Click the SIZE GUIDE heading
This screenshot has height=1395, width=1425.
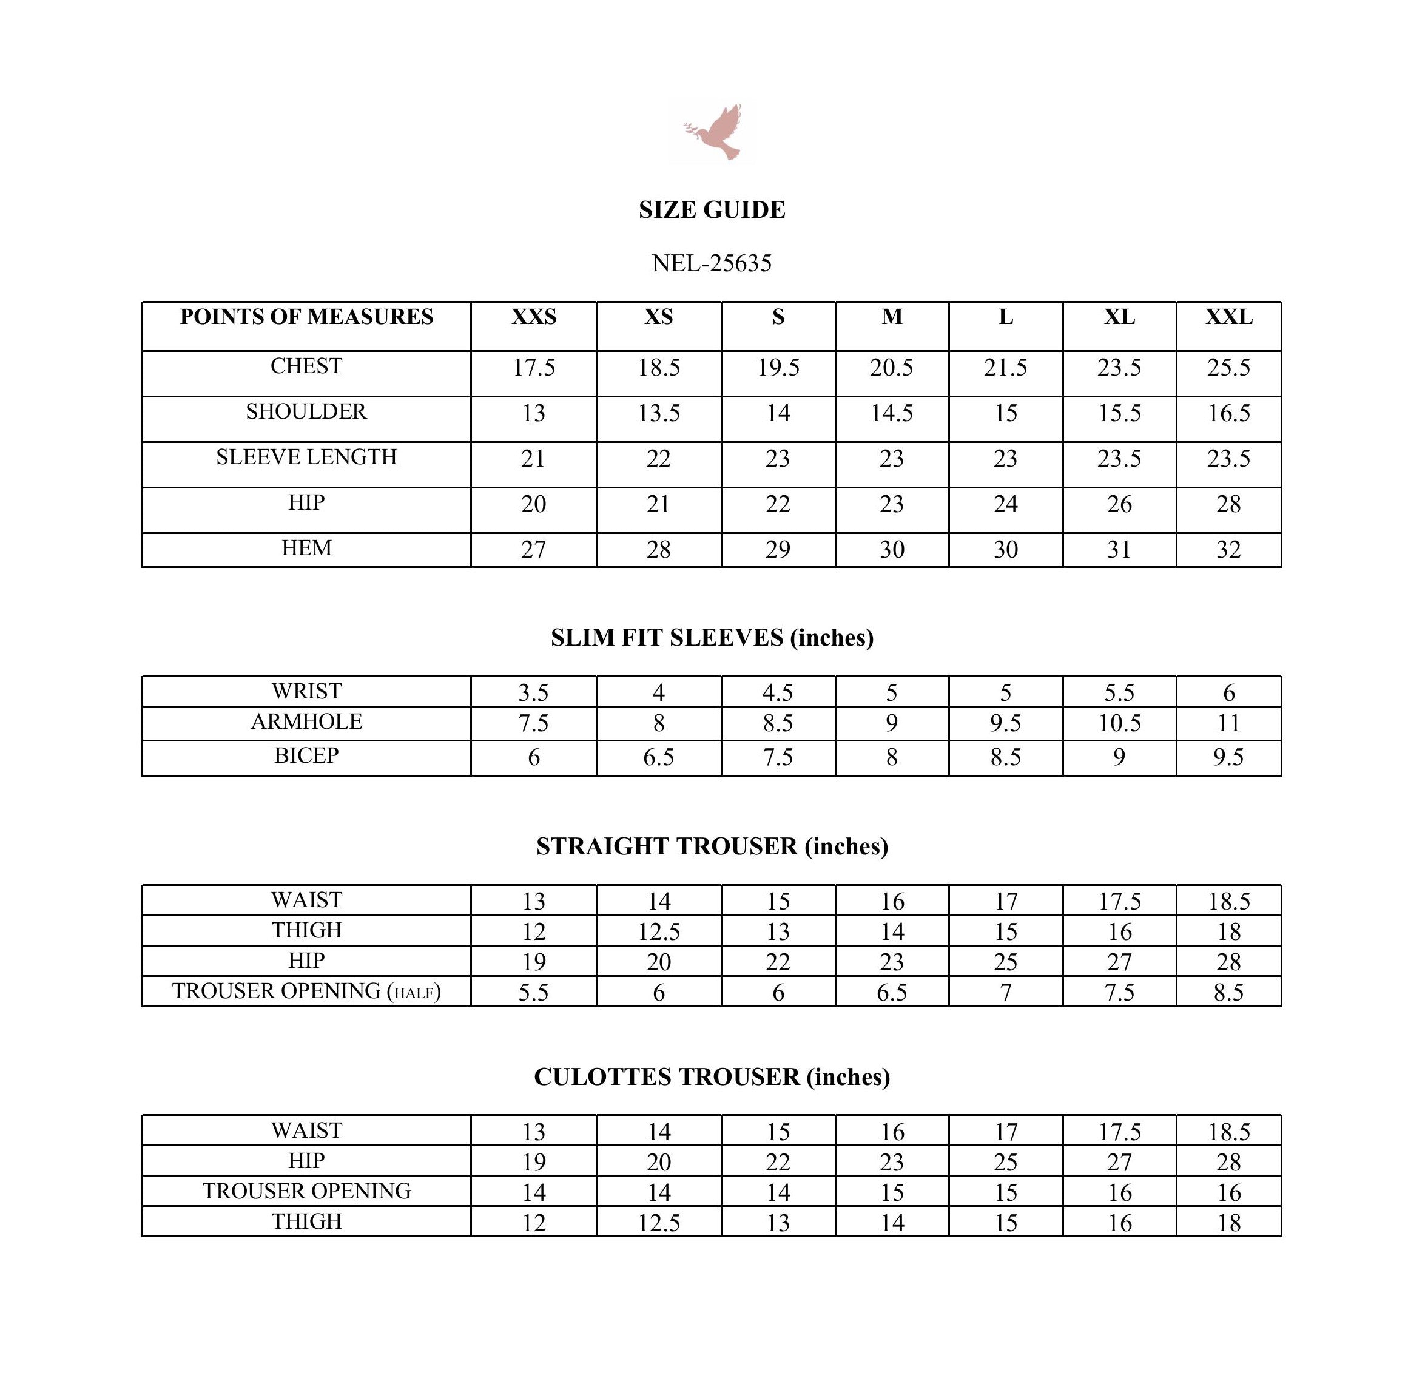coord(712,211)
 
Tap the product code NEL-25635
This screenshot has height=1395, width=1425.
coord(712,263)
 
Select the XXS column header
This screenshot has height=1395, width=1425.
coord(533,317)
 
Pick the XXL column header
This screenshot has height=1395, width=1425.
coord(1228,317)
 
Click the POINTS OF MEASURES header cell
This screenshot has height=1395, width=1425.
coord(306,317)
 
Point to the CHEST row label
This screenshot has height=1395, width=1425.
coord(306,366)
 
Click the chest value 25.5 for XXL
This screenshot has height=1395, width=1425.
coord(1228,368)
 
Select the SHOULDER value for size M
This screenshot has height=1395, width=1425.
coord(892,413)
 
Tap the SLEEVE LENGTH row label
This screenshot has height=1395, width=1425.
coord(306,457)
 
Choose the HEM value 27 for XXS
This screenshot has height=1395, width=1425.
coord(533,550)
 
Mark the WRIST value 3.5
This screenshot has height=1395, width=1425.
coord(533,692)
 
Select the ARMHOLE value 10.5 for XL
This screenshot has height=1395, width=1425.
coord(1119,724)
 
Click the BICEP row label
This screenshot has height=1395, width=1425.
coord(306,755)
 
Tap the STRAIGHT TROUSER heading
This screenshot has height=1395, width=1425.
coord(712,847)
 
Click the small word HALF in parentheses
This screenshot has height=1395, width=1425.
coord(414,993)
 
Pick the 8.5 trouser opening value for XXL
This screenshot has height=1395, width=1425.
coord(1228,993)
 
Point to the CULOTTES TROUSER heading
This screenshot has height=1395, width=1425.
coord(712,1077)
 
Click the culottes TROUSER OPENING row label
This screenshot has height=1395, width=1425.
coord(306,1191)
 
